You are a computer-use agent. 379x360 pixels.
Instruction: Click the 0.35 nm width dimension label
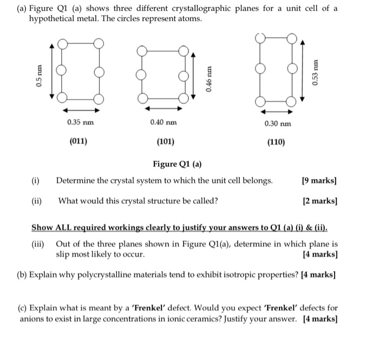(x=80, y=122)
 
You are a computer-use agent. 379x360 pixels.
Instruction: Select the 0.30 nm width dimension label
(x=277, y=124)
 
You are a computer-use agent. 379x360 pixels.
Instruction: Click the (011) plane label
(x=79, y=142)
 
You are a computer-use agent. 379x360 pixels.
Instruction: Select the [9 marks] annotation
(x=320, y=180)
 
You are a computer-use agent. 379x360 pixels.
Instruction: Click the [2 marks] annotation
(x=320, y=201)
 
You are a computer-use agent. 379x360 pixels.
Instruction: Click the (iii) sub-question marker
(x=38, y=243)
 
